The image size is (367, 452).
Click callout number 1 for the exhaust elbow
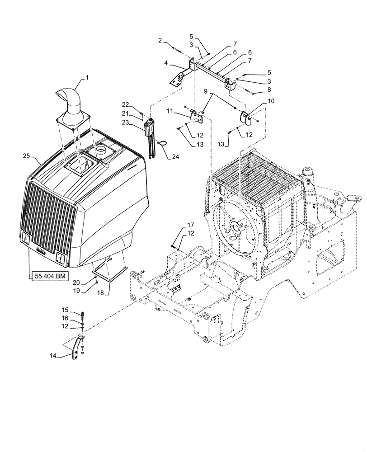pyautogui.click(x=87, y=77)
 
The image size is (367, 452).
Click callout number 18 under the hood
pyautogui.click(x=100, y=293)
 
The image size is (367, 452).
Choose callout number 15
pyautogui.click(x=66, y=310)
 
